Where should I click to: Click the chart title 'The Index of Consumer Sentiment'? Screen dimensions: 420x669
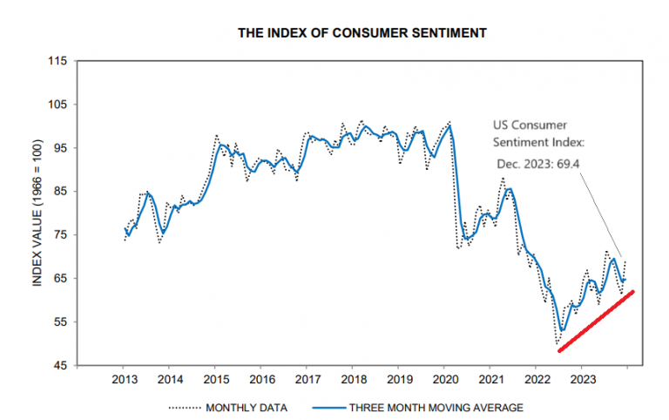pyautogui.click(x=362, y=33)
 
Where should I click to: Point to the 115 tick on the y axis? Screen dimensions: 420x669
pyautogui.click(x=57, y=61)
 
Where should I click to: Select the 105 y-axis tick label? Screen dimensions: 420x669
pyautogui.click(x=57, y=105)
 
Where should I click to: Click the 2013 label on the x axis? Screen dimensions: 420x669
pyautogui.click(x=124, y=380)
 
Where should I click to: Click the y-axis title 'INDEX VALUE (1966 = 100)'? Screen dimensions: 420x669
pyautogui.click(x=38, y=213)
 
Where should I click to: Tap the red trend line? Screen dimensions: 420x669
pyautogui.click(x=596, y=321)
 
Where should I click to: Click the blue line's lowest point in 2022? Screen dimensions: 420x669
pyautogui.click(x=563, y=329)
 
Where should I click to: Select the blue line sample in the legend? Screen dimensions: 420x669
pyautogui.click(x=325, y=406)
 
